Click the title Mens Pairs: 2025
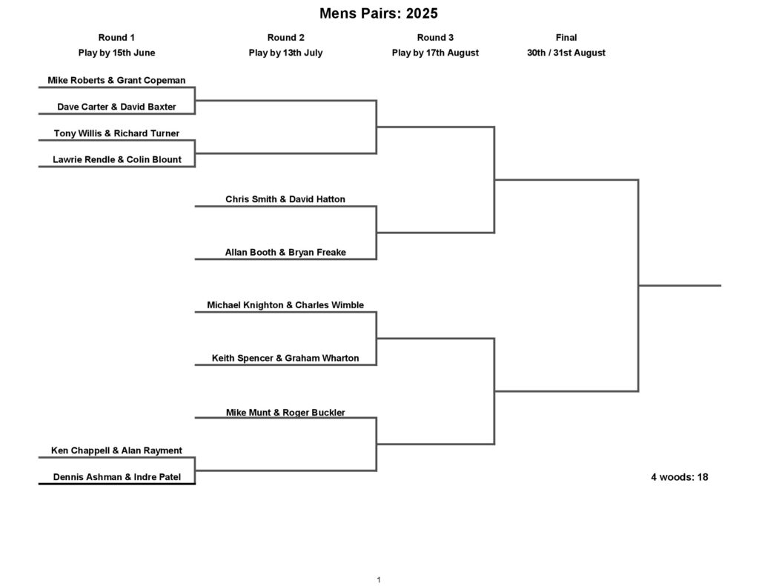click(x=379, y=13)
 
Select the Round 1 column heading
click(x=116, y=37)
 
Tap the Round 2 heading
click(x=285, y=37)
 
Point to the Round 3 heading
click(x=435, y=37)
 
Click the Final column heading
click(x=566, y=37)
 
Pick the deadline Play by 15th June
click(x=116, y=53)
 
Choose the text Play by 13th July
click(x=285, y=53)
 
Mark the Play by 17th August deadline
click(x=435, y=53)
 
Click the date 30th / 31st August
click(x=566, y=53)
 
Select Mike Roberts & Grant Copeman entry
click(x=116, y=80)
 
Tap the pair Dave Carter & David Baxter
click(x=116, y=107)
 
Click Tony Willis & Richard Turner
click(x=116, y=133)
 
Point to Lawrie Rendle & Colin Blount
click(x=116, y=160)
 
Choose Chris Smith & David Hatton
click(x=285, y=199)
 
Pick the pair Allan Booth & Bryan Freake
click(x=285, y=252)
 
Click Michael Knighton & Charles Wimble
click(x=285, y=305)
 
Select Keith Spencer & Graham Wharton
click(x=285, y=358)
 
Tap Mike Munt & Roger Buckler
click(x=285, y=413)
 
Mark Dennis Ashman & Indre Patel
click(x=116, y=476)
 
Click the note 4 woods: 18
click(x=679, y=477)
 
